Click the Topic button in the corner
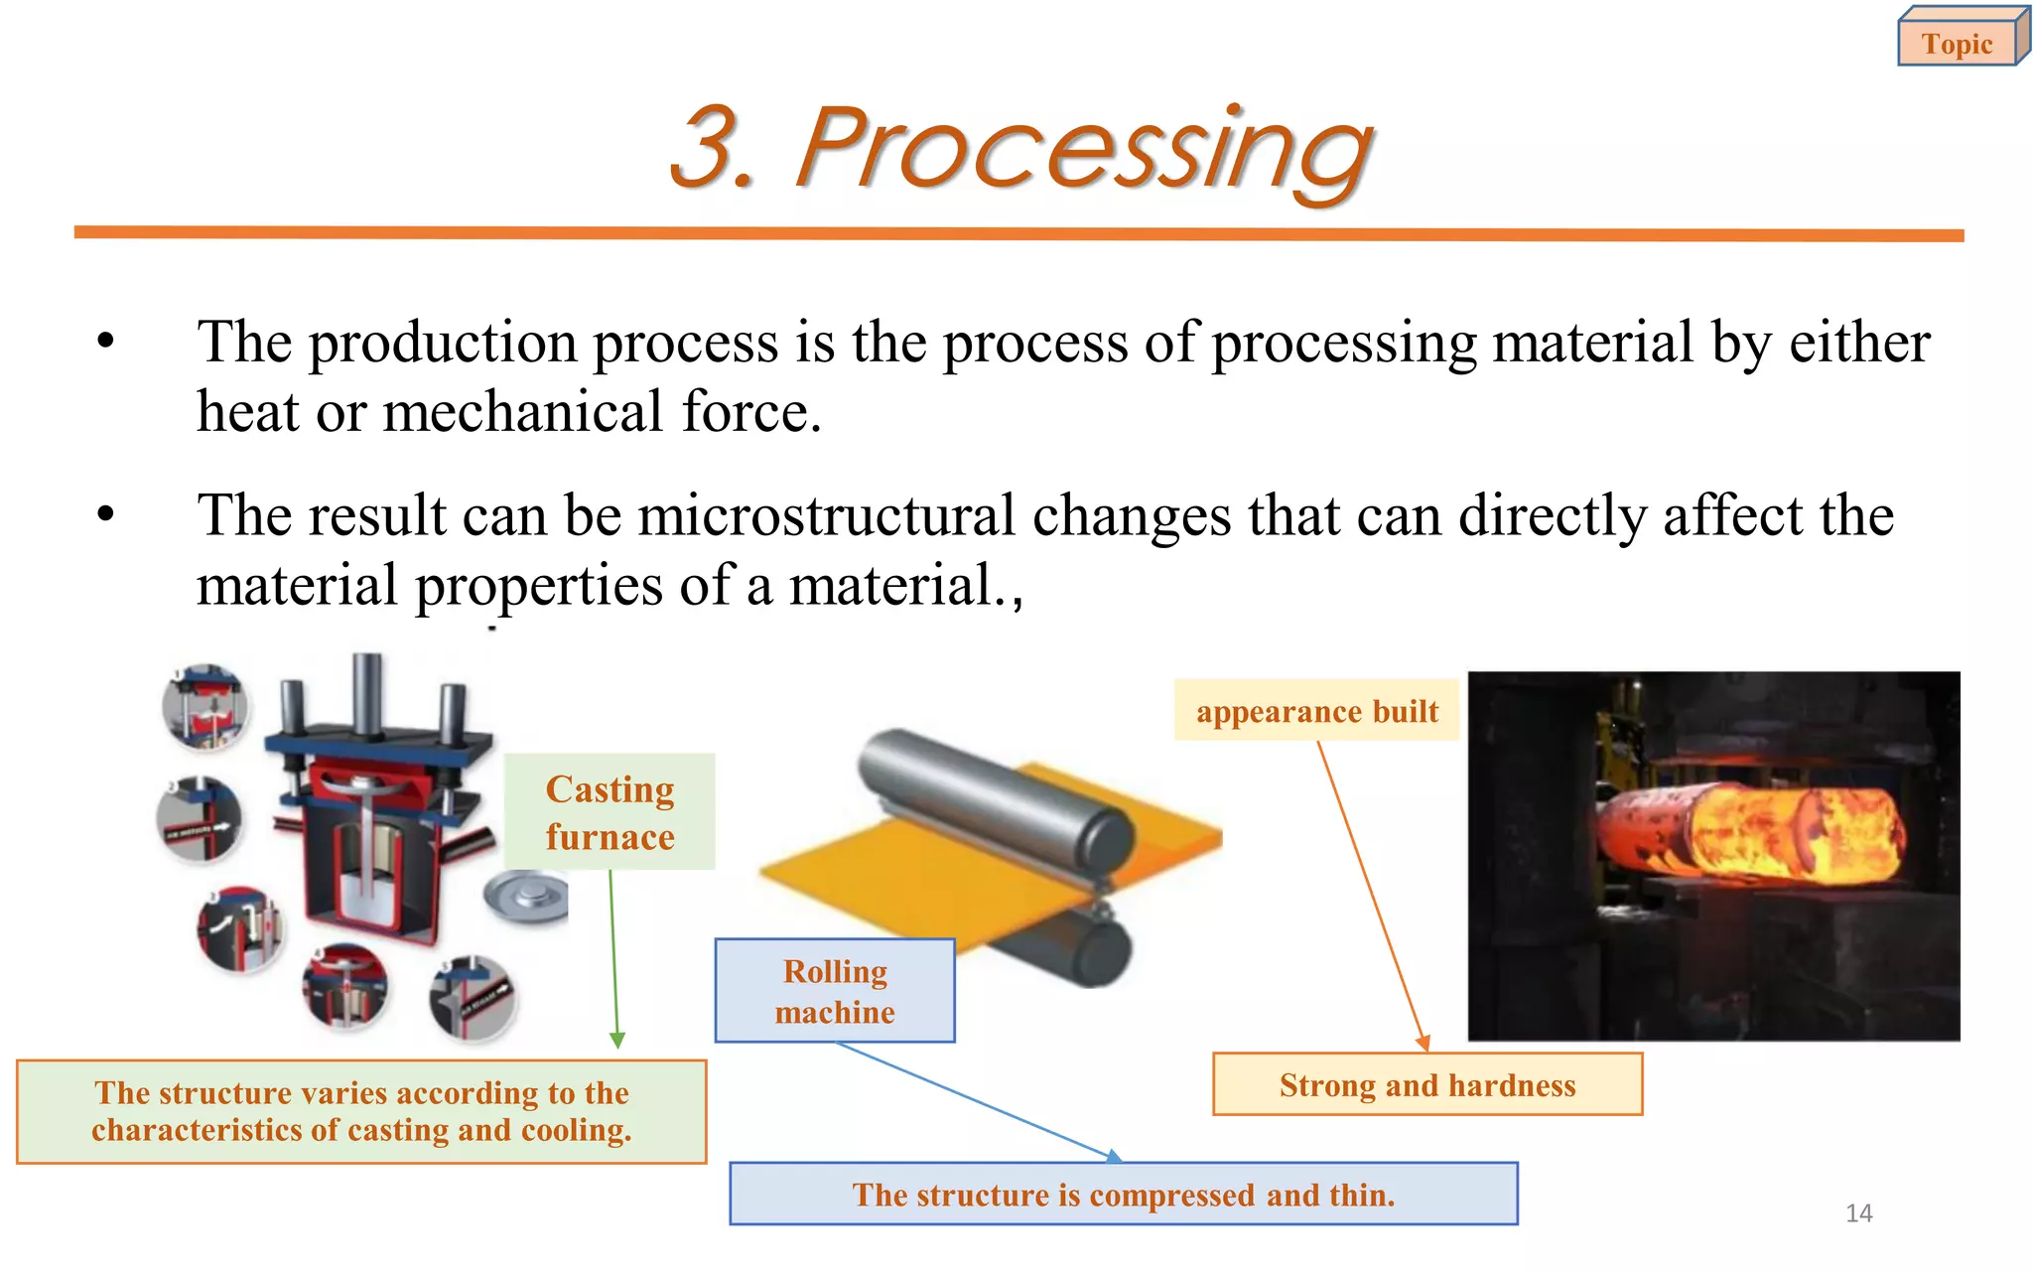(1958, 43)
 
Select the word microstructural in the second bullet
(825, 516)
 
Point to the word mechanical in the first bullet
(522, 412)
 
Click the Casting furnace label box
(610, 812)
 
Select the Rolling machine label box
(835, 991)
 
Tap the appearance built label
(1316, 711)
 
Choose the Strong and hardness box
(1426, 1084)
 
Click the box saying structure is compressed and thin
(1123, 1194)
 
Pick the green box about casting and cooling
(361, 1111)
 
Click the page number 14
(1858, 1212)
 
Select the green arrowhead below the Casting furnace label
(616, 1041)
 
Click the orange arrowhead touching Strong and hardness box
(1423, 1043)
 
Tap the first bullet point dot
(106, 343)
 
